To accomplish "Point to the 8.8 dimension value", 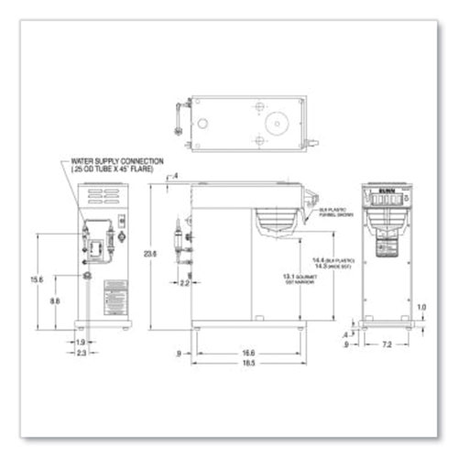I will click(55, 300).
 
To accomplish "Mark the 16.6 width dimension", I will click(248, 352).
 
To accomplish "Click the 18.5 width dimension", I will click(248, 364).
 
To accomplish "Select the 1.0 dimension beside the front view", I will click(420, 308).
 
